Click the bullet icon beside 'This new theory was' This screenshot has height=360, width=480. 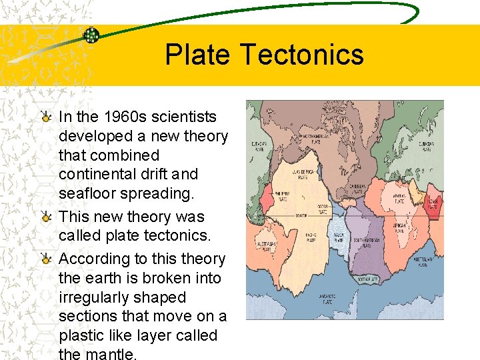[x=45, y=217]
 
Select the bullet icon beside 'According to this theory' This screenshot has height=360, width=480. [x=45, y=259]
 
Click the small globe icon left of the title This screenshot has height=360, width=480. [x=91, y=35]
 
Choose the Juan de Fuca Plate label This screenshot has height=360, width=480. [x=303, y=175]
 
